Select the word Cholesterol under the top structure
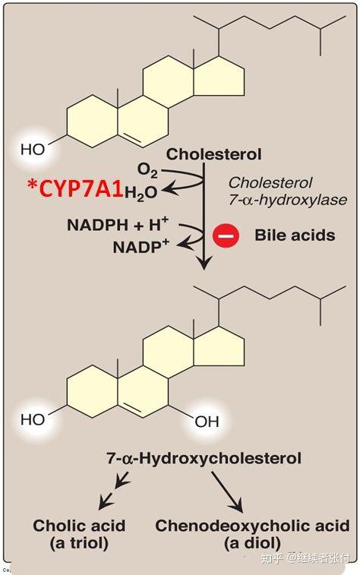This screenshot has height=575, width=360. tap(214, 154)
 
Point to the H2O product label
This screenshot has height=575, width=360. tap(141, 193)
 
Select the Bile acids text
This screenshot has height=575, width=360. tap(295, 235)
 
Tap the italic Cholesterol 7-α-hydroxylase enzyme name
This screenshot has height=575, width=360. tap(287, 191)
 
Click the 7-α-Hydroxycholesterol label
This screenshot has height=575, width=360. tap(204, 458)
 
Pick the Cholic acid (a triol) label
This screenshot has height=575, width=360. tap(79, 534)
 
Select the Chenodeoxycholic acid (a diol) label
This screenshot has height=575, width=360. tap(252, 534)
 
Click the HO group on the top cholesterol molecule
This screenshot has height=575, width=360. tap(33, 150)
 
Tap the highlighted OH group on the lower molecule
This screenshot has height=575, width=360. tap(207, 420)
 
